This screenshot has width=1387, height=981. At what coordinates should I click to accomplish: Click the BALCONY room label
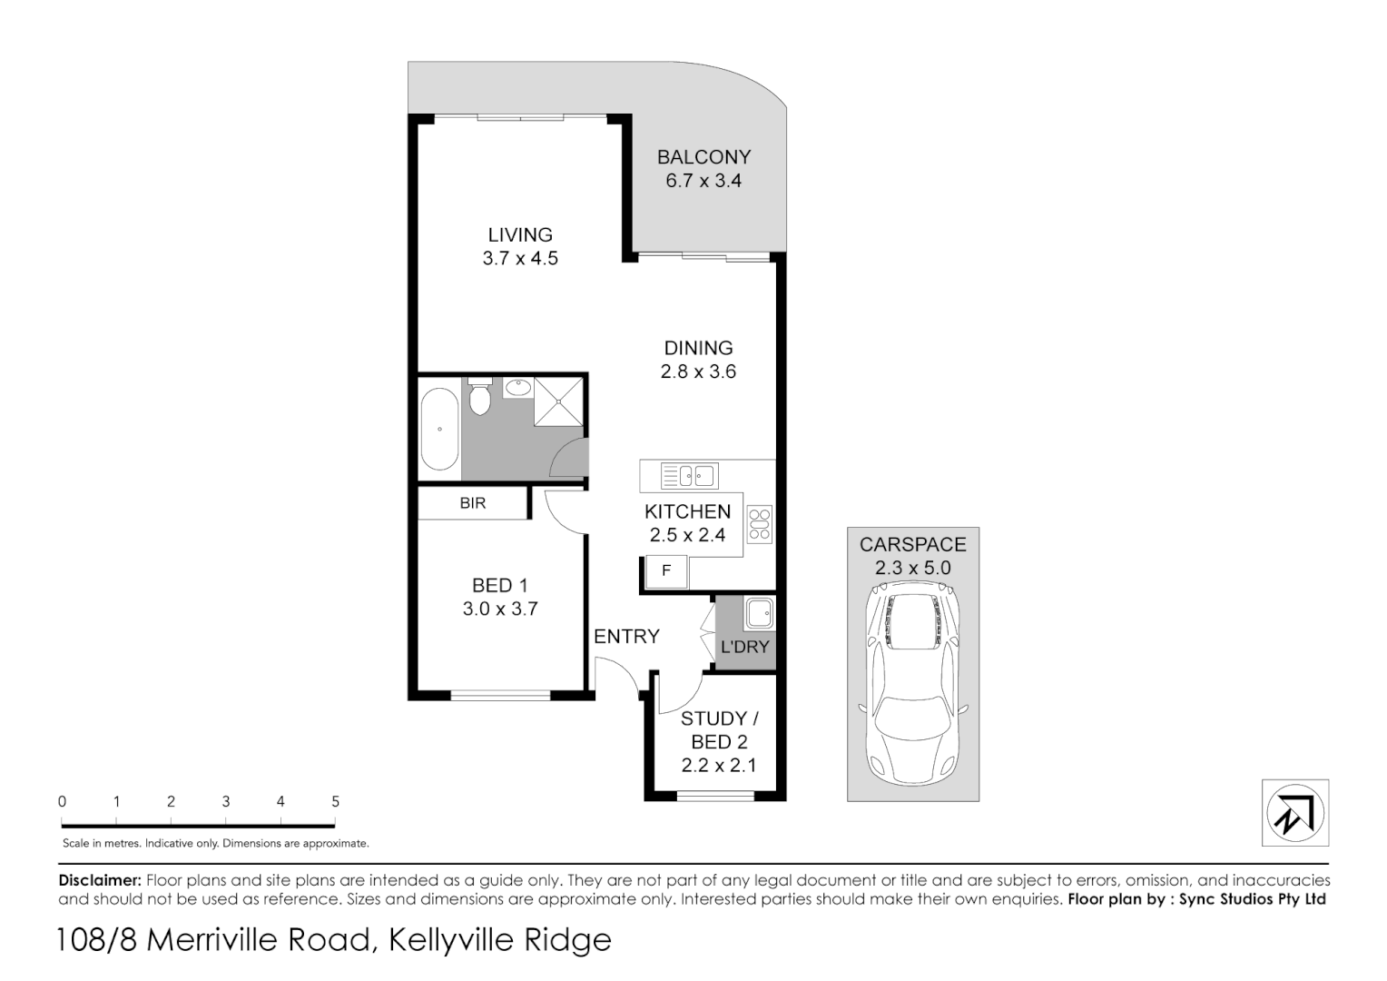703,157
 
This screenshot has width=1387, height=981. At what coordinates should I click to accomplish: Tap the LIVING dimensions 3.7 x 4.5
520,259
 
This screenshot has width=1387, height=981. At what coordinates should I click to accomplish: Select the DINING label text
698,348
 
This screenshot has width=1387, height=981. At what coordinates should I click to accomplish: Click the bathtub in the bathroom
439,429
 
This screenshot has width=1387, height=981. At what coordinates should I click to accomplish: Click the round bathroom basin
518,388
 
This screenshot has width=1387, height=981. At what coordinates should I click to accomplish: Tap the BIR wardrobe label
472,503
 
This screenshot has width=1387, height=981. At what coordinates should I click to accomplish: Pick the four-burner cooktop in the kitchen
759,525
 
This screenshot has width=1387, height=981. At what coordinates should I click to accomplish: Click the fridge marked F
665,571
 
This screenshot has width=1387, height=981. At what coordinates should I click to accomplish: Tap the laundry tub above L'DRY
758,614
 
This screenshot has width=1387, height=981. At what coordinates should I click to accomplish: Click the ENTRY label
626,637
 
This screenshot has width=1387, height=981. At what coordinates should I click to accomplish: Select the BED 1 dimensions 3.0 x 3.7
500,609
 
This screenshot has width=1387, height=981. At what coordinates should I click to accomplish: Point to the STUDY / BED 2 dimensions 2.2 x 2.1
718,766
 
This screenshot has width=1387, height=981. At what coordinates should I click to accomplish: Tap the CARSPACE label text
912,545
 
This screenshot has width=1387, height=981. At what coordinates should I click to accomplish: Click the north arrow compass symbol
1295,813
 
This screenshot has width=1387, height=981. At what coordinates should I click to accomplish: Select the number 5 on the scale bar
335,802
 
